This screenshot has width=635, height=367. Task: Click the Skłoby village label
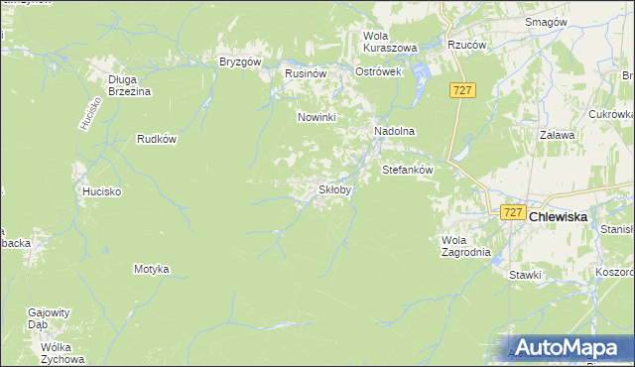click(x=333, y=189)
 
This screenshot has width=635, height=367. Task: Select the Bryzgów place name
click(x=239, y=61)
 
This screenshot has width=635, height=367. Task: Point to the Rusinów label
click(x=306, y=73)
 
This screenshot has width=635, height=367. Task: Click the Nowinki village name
click(x=318, y=117)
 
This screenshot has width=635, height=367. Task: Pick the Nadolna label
click(x=393, y=131)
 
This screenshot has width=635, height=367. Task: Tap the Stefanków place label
click(x=408, y=170)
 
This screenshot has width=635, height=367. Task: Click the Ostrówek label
click(x=377, y=72)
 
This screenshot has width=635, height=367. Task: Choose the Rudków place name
click(x=157, y=139)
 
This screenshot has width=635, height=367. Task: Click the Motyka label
click(x=152, y=269)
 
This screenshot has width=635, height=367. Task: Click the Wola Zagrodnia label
click(x=465, y=245)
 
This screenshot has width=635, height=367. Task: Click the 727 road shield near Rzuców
click(x=463, y=90)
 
